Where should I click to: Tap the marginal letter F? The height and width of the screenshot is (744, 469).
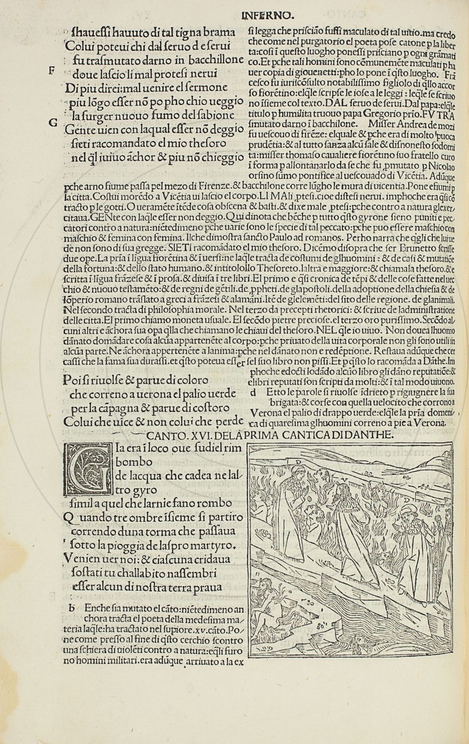(50, 71)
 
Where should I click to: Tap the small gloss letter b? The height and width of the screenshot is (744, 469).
(71, 608)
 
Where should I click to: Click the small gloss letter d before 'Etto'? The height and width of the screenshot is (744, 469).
(253, 392)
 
